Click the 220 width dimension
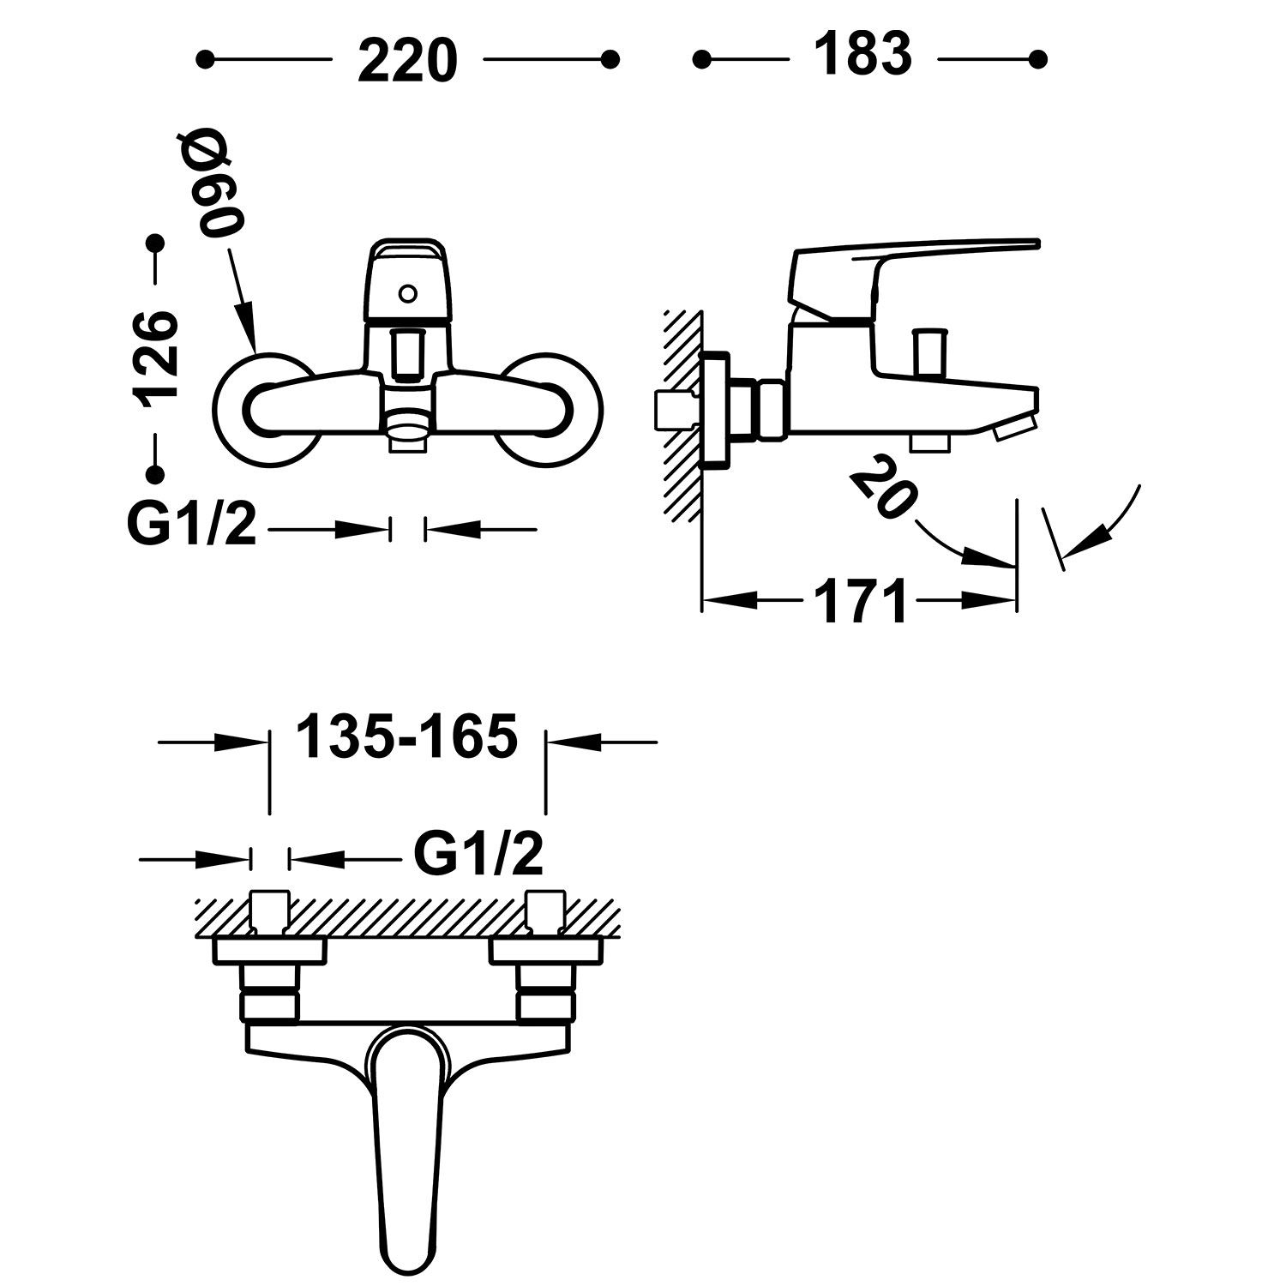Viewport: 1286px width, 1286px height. [x=407, y=60]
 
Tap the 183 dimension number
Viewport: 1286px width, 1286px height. [x=862, y=56]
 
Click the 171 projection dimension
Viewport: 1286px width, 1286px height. [x=860, y=601]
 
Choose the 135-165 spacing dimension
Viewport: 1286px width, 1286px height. [x=407, y=736]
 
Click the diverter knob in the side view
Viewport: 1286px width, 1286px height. [x=927, y=351]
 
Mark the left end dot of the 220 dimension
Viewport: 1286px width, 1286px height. [x=204, y=59]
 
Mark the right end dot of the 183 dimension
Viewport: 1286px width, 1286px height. [x=1038, y=59]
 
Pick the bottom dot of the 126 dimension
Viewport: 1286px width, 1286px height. [x=154, y=474]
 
